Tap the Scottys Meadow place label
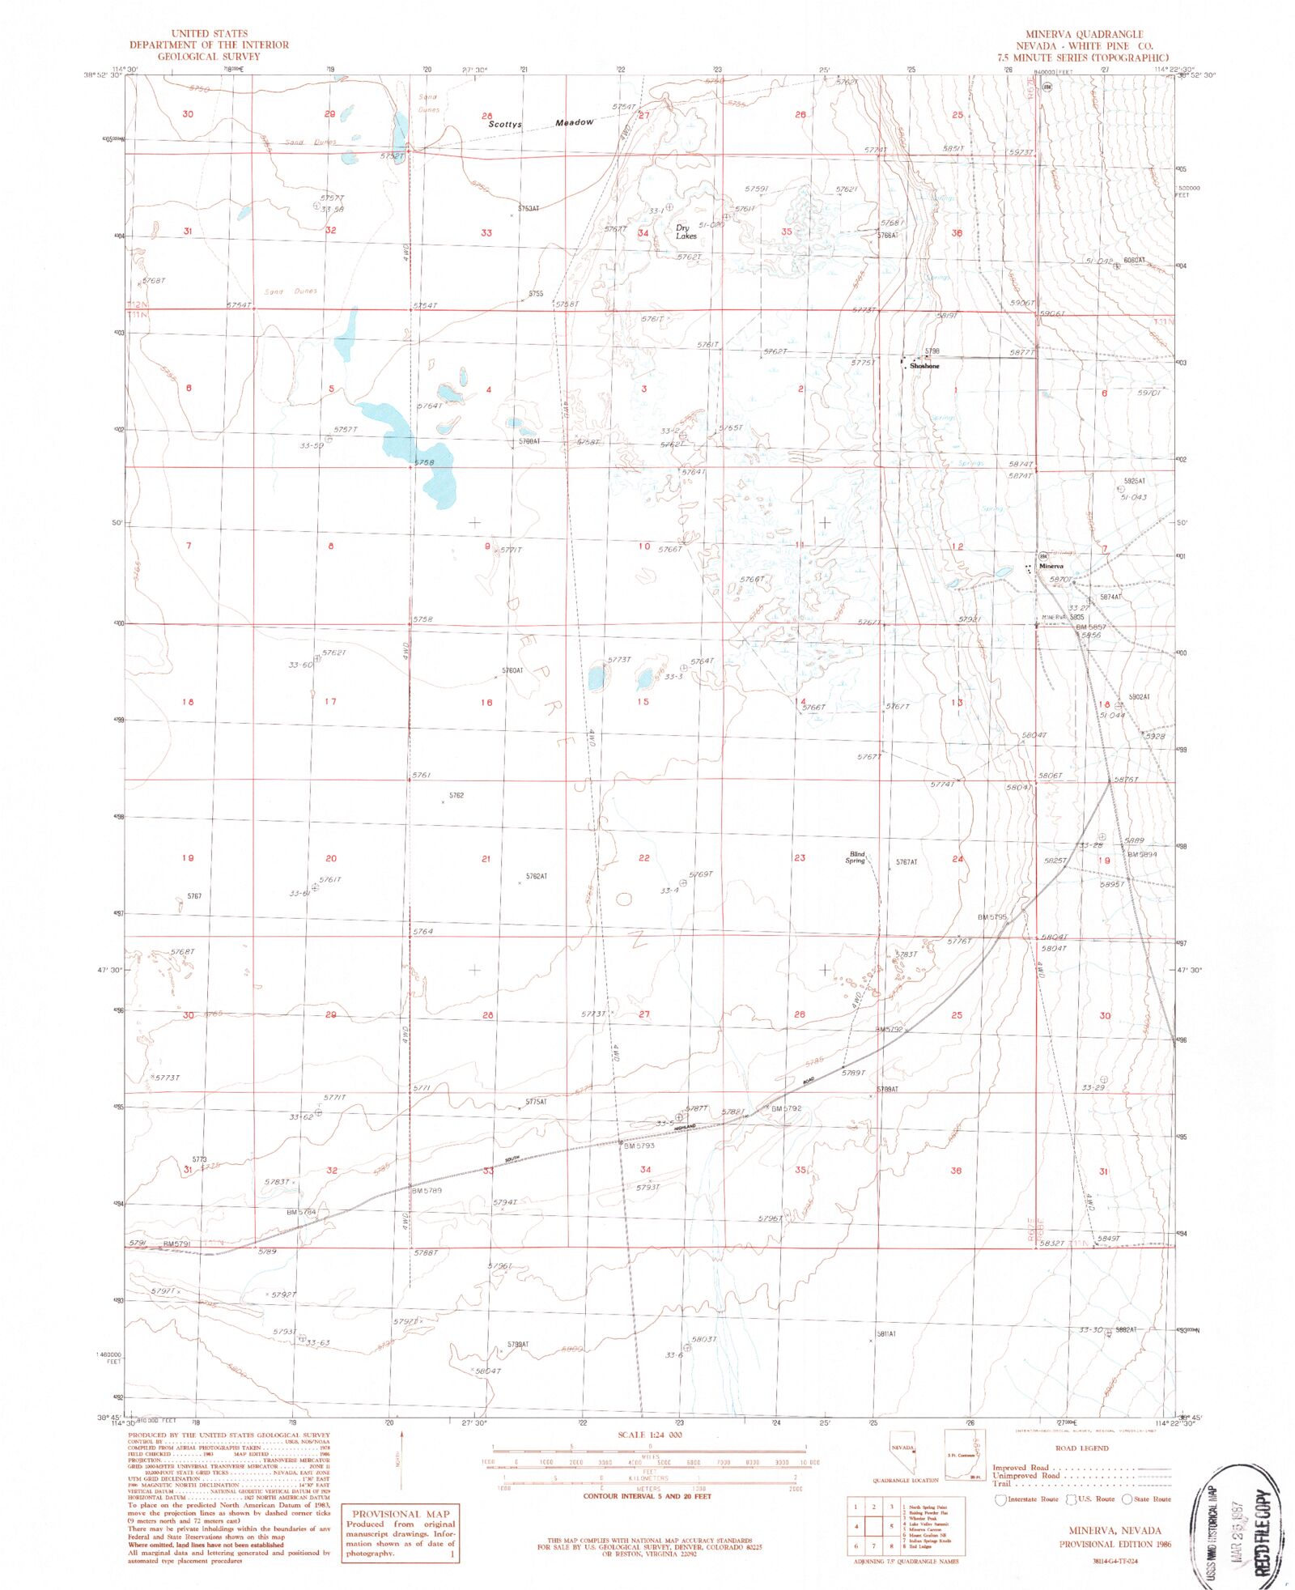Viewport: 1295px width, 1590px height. point(540,123)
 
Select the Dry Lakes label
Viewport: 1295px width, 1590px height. point(686,232)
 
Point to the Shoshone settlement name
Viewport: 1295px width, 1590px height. point(924,366)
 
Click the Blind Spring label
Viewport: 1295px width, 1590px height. point(856,857)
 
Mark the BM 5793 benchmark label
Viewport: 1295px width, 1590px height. point(639,1146)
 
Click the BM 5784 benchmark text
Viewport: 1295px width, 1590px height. point(301,1212)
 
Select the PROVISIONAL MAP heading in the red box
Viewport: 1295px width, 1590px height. point(400,1514)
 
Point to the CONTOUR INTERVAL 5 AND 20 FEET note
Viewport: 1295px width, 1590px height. point(647,1496)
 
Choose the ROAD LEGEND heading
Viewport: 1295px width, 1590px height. point(1082,1448)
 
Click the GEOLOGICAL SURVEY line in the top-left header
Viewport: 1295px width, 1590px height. point(209,57)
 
